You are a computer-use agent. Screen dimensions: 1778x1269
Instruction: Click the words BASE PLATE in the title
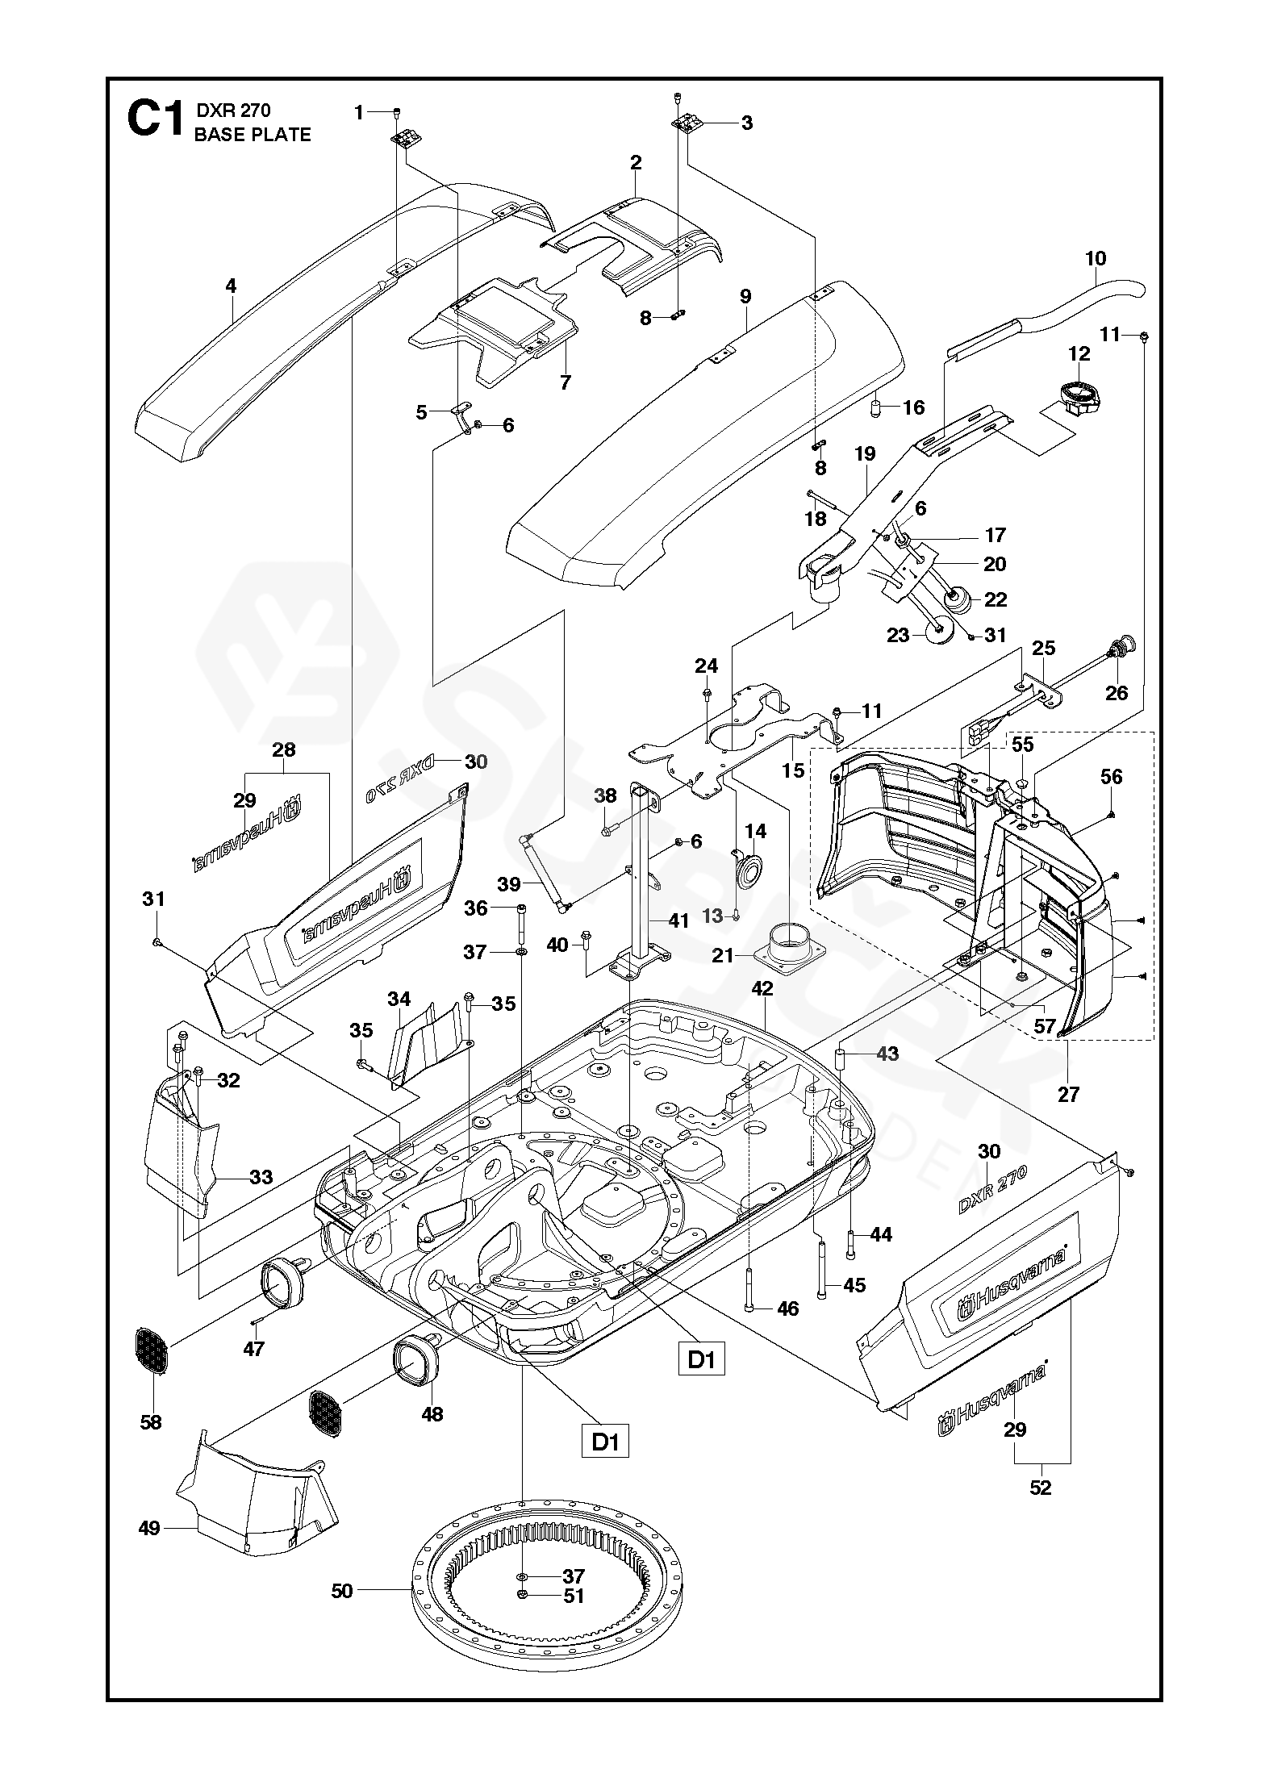(253, 135)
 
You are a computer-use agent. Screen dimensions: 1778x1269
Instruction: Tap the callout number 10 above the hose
(1096, 259)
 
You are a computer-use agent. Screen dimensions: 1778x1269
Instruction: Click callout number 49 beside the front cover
(149, 1528)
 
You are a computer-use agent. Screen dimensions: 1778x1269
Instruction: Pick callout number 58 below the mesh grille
(151, 1422)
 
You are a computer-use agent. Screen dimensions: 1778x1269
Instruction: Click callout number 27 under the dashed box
(1068, 1095)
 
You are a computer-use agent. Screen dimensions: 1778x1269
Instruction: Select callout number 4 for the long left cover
(231, 286)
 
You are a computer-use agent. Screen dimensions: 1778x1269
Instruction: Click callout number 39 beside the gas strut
(508, 884)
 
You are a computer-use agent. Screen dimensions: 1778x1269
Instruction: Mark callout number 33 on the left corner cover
(261, 1177)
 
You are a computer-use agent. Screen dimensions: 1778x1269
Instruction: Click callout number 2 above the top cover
(636, 162)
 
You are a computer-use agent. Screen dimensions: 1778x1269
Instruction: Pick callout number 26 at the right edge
(1117, 692)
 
